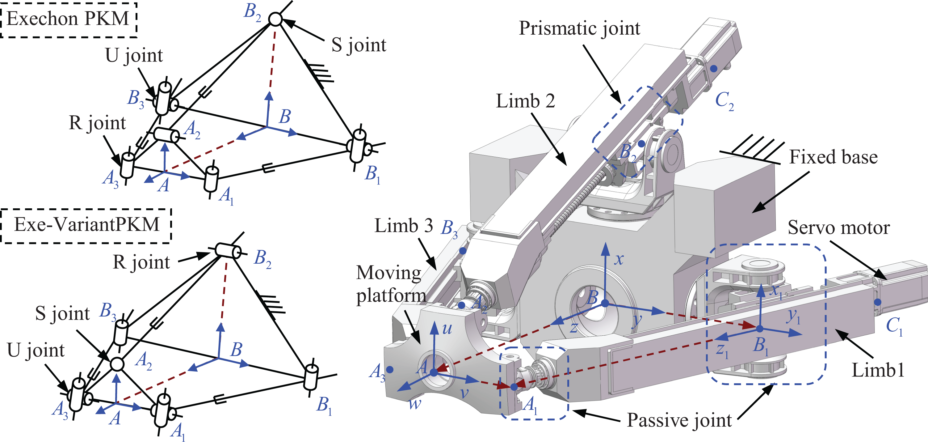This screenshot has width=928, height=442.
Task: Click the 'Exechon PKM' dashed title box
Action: coord(69,20)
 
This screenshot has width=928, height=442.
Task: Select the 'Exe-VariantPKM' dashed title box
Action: coord(86,225)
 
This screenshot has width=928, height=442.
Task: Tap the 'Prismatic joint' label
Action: coord(579,29)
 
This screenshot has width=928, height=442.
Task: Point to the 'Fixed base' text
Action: coord(833,157)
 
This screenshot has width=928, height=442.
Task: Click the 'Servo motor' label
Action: coord(839,228)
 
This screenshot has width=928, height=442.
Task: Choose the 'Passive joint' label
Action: coord(679,420)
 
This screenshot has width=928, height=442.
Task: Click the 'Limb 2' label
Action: coord(525,101)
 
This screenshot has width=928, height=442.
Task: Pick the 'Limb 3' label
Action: coord(404,226)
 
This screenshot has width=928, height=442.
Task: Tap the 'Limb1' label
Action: coord(878,370)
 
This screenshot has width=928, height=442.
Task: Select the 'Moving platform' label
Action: coord(391,284)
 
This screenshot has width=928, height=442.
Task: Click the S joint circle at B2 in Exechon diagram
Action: coord(275,19)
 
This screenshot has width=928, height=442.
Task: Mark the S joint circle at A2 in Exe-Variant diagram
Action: coord(117,364)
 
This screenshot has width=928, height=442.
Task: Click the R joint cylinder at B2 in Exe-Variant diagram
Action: coord(228,251)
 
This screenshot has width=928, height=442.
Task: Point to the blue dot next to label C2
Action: coord(714,69)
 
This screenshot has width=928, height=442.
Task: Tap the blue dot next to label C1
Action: coord(878,302)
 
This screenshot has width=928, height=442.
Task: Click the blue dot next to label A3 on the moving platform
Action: coord(389,370)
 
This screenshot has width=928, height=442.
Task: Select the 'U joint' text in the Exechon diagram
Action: coord(134,56)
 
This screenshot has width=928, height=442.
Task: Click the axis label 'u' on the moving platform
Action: coord(447,329)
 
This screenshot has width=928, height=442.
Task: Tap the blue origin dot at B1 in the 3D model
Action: coord(760,329)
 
